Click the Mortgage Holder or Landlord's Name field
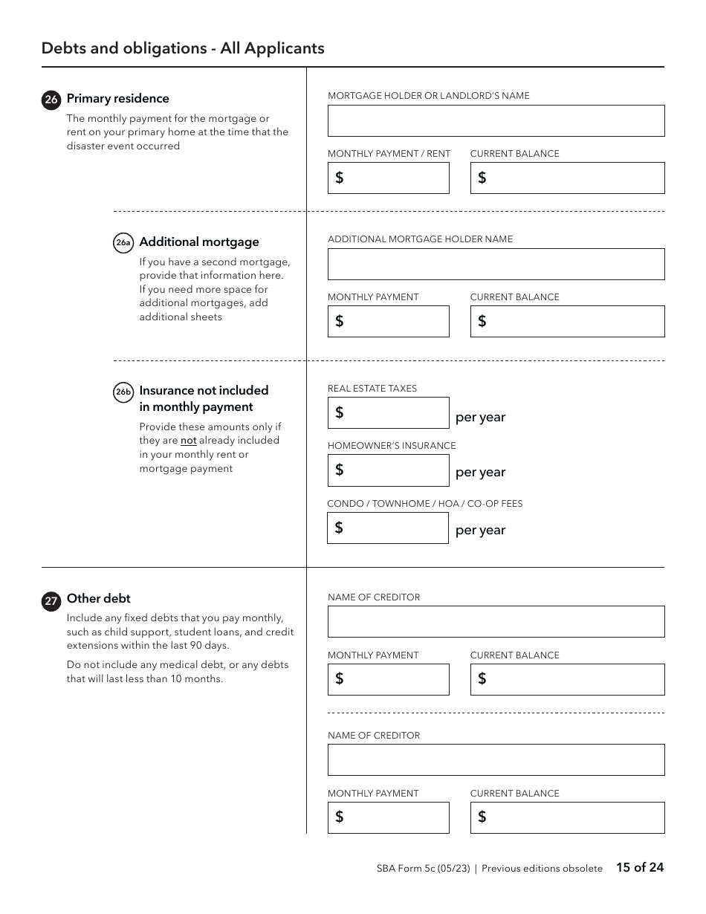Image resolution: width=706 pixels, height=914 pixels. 496,120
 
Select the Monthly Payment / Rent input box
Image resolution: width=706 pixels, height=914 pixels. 388,178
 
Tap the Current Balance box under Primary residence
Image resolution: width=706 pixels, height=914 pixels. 567,178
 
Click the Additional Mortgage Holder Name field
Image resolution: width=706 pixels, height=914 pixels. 496,264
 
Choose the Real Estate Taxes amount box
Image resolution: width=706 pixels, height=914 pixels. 388,413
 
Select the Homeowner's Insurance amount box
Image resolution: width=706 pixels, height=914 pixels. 388,470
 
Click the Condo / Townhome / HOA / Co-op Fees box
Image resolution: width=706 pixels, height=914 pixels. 388,528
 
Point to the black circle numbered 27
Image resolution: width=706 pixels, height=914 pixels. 51,601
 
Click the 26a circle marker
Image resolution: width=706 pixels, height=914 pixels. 123,243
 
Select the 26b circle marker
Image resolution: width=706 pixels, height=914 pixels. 123,392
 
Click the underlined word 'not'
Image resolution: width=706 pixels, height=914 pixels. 188,441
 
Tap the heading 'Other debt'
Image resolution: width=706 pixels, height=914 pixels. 98,598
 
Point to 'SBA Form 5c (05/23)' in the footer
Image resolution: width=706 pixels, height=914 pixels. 423,868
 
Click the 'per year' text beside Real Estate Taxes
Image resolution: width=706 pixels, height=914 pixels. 480,418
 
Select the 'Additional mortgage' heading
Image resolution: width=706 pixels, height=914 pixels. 199,242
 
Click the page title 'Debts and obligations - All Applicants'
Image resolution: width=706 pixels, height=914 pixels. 183,48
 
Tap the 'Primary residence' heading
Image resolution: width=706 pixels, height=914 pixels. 117,99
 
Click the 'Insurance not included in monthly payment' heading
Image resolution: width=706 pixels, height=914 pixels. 204,398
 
